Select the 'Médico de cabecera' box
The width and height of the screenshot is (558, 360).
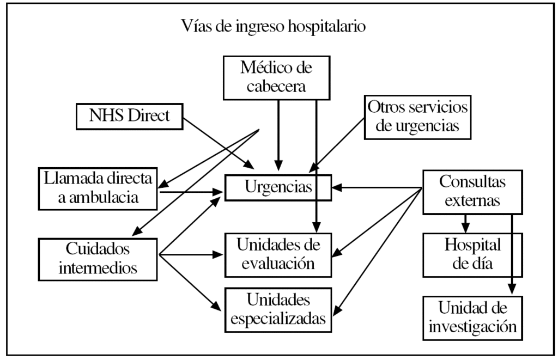click(278, 77)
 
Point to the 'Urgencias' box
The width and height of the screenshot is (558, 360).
click(278, 188)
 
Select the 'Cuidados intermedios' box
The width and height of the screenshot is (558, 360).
click(98, 257)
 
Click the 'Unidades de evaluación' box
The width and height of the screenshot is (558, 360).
click(278, 254)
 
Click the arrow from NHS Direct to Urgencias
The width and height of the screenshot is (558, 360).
click(218, 140)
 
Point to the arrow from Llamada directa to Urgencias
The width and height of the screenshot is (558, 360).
click(191, 191)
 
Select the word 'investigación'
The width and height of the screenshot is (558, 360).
click(472, 327)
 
